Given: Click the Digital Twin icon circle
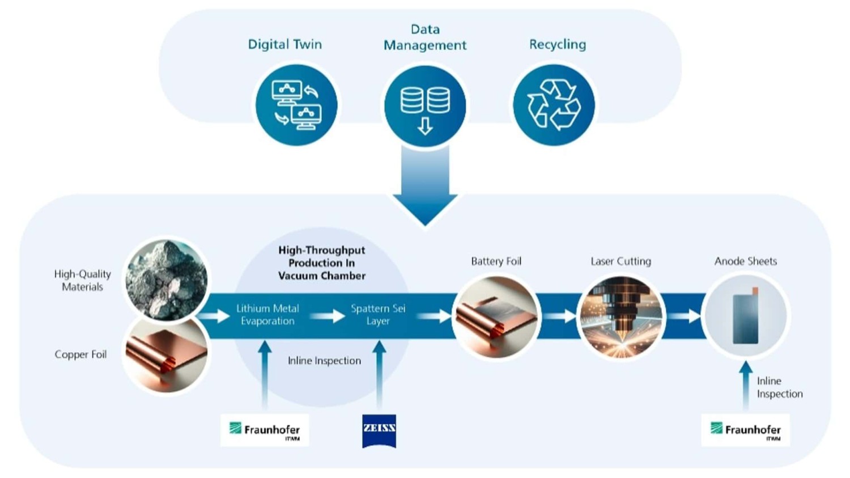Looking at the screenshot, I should (x=296, y=105).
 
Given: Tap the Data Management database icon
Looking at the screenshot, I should (x=425, y=106).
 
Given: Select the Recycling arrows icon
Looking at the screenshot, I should (x=554, y=105).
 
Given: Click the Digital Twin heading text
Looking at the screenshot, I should (x=284, y=44).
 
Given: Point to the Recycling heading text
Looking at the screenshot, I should (x=557, y=44).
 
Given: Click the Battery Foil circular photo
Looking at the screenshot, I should (x=496, y=316).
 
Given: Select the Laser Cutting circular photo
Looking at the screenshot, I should (x=621, y=316).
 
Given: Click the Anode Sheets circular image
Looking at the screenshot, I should (x=745, y=315).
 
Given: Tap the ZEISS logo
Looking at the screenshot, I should (x=379, y=430).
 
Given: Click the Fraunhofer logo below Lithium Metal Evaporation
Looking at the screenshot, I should (x=265, y=430).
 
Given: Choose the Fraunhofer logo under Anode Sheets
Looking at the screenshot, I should (x=745, y=430).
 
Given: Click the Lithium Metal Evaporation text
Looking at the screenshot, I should (x=267, y=315).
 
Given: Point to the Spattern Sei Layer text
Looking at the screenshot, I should (x=378, y=315).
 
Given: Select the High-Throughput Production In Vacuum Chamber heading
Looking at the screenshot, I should (x=321, y=263).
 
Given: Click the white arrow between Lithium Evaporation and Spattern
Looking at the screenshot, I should (x=328, y=316).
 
